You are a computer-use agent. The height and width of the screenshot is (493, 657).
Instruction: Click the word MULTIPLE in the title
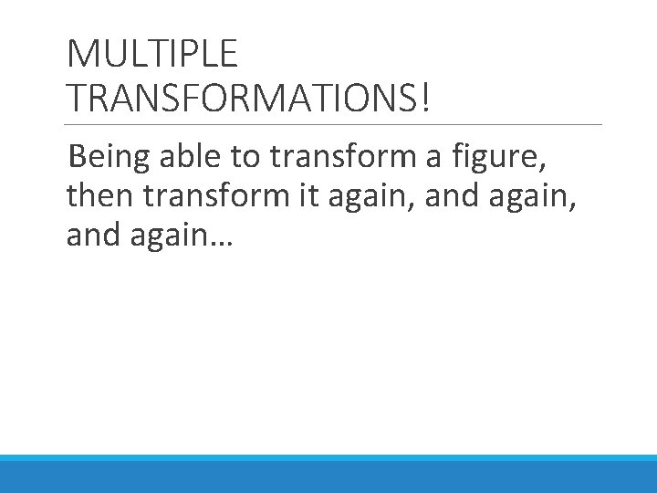tap(152, 54)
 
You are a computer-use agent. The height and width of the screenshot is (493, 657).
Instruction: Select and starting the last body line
tap(89, 236)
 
